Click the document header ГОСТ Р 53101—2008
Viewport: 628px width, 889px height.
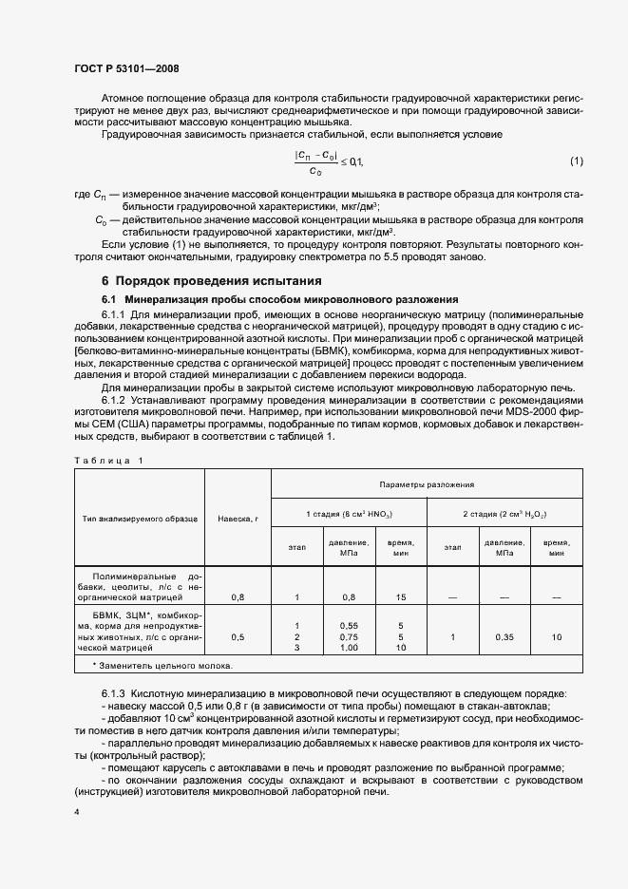(x=125, y=68)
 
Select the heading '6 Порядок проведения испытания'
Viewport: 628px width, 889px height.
(x=211, y=281)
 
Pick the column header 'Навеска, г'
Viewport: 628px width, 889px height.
(x=238, y=519)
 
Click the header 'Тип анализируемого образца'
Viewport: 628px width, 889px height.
(x=140, y=519)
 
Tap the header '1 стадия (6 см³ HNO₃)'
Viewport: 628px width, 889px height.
(x=349, y=513)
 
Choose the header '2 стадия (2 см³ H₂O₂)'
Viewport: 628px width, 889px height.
(x=504, y=513)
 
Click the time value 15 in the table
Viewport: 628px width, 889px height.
(x=401, y=597)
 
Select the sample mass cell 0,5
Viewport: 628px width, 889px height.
(x=238, y=636)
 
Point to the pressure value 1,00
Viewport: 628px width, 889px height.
(x=349, y=647)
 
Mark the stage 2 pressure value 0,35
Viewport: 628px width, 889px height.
(x=504, y=636)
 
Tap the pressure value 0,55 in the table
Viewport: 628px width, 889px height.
(x=349, y=625)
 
